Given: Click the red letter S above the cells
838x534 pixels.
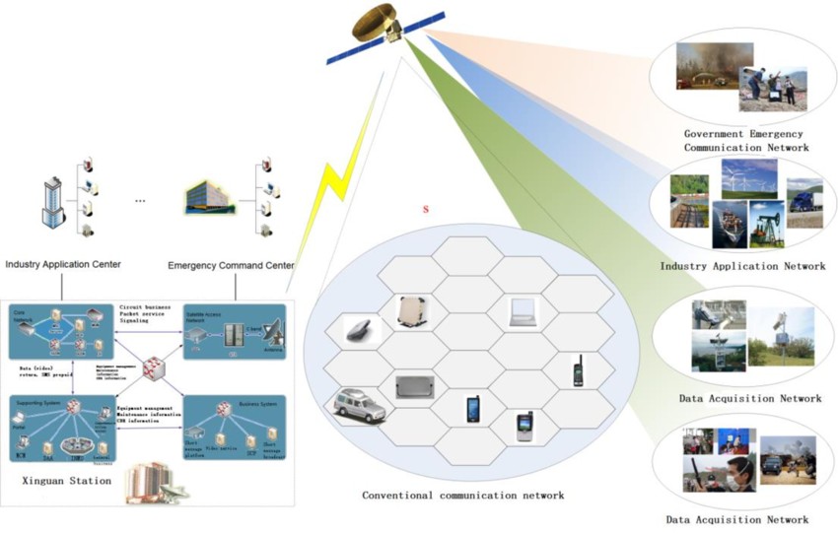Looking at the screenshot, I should click(426, 210).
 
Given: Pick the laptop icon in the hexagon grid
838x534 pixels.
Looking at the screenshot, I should click(523, 312).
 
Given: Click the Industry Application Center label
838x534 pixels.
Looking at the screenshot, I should click(63, 265).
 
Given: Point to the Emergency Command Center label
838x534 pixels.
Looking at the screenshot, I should click(231, 265).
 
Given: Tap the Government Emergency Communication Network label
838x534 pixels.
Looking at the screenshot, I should click(744, 140).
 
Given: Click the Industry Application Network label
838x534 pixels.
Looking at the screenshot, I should click(743, 266).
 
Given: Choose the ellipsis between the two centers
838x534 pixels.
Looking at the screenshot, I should click(140, 200).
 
